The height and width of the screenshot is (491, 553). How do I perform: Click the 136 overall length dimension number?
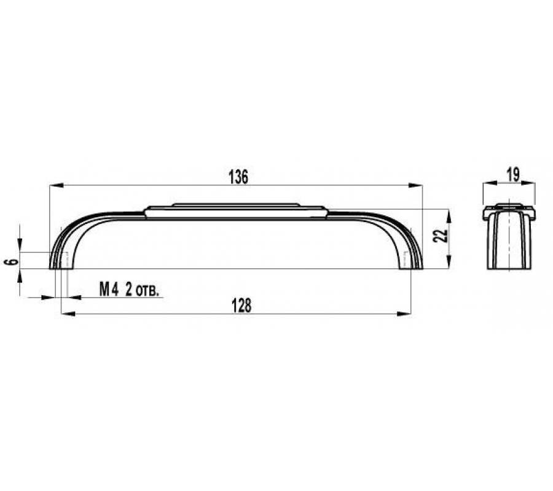pyautogui.click(x=239, y=177)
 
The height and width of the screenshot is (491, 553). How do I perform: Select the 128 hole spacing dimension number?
pyautogui.click(x=242, y=306)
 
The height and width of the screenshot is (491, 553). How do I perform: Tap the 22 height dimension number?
pyautogui.click(x=440, y=236)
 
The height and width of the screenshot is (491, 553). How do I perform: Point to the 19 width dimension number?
pyautogui.click(x=513, y=175)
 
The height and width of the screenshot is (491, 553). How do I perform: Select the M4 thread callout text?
pyautogui.click(x=109, y=290)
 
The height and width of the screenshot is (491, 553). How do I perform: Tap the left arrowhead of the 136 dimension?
pyautogui.click(x=57, y=185)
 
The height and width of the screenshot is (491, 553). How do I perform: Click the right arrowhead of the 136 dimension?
pyautogui.click(x=415, y=185)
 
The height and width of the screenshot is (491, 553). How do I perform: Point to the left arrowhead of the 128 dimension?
pyautogui.click(x=68, y=314)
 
